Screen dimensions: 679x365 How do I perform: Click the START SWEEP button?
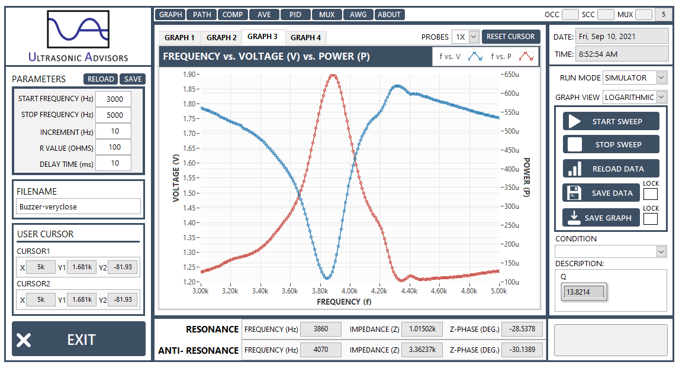coord(611,121)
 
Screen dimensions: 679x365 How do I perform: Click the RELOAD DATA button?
coord(611,169)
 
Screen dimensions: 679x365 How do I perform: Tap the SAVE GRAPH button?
coord(601,218)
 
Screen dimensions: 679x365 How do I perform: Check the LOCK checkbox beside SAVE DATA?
coord(651,194)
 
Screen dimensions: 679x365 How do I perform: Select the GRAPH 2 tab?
coord(221,38)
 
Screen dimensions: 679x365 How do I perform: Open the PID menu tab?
coord(295,15)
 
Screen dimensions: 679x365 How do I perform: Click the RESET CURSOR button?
coord(510,37)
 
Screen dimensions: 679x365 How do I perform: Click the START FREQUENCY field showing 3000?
coord(114,99)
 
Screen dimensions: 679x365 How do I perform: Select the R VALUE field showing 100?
coord(114,147)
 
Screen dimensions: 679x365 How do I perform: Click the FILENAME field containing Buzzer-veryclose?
coord(78,206)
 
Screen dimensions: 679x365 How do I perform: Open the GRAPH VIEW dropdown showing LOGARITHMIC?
coord(635,98)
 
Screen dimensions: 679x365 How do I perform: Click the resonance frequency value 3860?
coord(320,329)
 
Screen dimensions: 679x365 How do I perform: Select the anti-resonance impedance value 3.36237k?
coord(422,350)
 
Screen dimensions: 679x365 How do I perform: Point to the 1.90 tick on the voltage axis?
coord(189,75)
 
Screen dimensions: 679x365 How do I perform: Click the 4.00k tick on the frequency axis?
coord(349,291)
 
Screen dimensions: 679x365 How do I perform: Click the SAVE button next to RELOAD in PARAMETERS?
coord(133,79)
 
